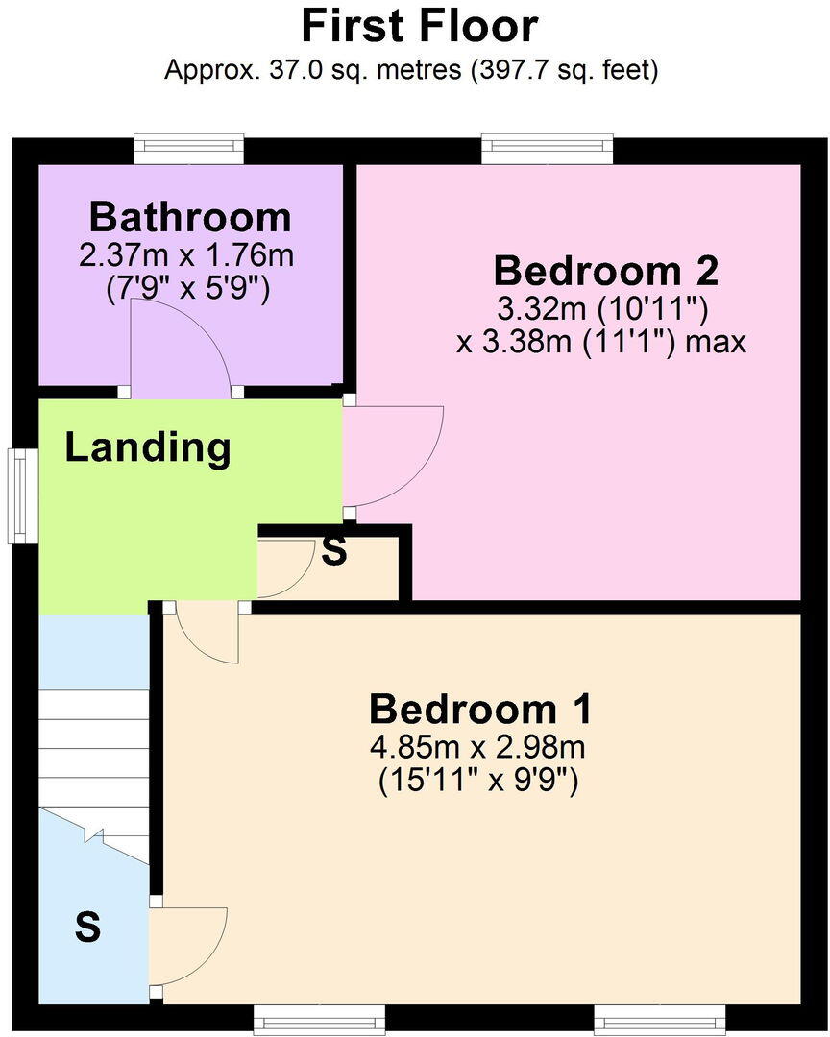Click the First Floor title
click(419, 26)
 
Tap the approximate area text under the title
click(411, 70)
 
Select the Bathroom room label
click(189, 218)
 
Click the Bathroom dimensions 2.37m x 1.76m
click(187, 256)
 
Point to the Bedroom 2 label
click(605, 272)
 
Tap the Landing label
click(148, 447)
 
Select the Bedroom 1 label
click(480, 711)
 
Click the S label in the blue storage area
click(87, 928)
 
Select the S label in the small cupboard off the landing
click(333, 552)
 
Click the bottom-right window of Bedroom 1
click(658, 1017)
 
